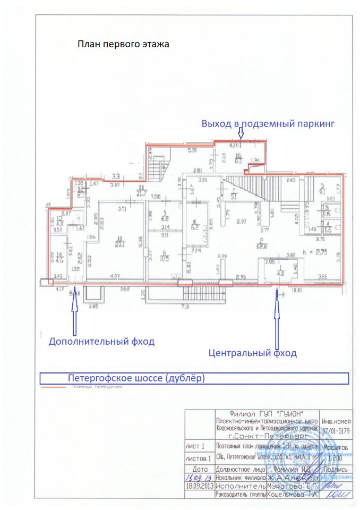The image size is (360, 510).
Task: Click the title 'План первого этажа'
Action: point(123,45)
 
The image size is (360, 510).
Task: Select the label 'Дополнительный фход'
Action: point(101,342)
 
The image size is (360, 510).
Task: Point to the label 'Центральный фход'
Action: point(252,353)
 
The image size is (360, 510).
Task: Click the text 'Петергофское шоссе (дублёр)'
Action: point(136,378)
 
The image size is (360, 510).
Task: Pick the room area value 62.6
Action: point(262,246)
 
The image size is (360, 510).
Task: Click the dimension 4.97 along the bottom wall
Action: point(115,276)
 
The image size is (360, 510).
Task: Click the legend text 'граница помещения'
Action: point(95,387)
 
